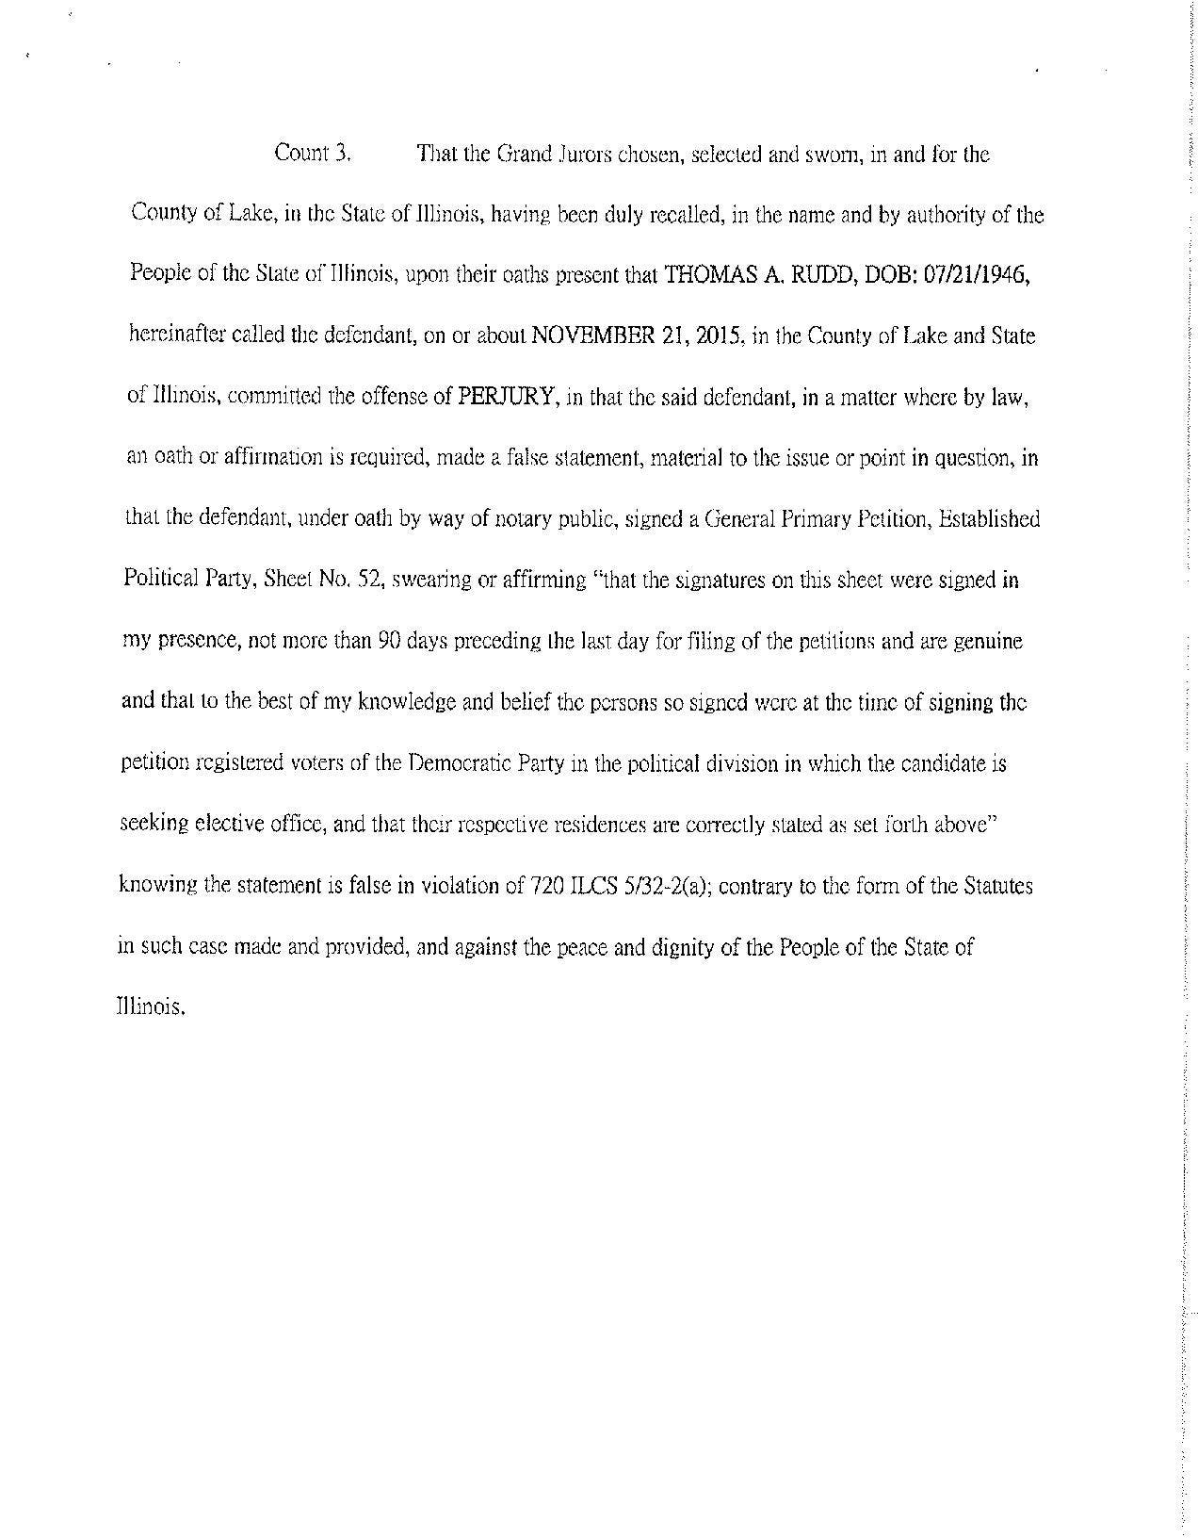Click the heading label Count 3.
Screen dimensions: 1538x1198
pos(313,154)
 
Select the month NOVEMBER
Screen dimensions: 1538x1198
pos(591,336)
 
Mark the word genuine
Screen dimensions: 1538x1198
pos(987,642)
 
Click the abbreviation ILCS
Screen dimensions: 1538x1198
pos(584,886)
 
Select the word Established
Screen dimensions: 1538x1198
pos(989,519)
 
